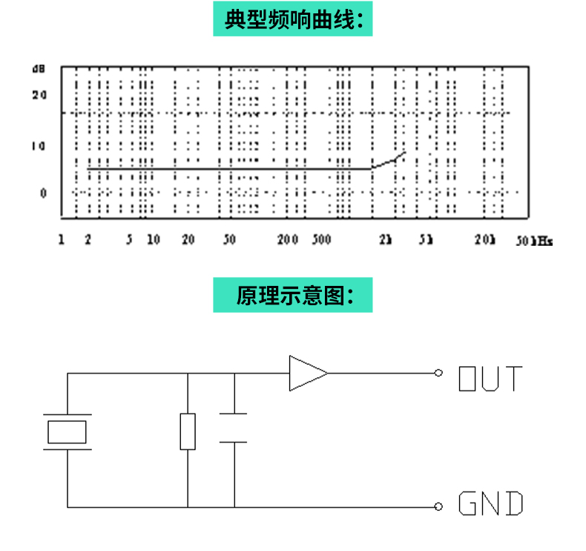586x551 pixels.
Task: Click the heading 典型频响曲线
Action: point(292,20)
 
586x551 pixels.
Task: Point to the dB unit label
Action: point(39,69)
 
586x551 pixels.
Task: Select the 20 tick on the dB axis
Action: point(39,95)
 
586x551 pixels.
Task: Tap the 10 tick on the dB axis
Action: point(39,145)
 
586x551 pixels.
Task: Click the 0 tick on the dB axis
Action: point(42,192)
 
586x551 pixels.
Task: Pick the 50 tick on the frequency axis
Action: point(228,239)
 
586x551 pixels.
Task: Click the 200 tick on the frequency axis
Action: point(287,239)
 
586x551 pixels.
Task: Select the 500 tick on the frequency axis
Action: point(320,239)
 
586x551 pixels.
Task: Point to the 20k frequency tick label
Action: point(484,240)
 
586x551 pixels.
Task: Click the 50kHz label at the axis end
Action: point(534,241)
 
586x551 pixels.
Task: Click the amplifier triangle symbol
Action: point(307,373)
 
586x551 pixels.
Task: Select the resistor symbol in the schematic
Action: point(188,431)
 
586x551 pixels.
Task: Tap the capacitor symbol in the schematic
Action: point(234,428)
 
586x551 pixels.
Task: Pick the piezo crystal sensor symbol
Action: point(68,431)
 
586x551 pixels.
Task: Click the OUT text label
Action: point(490,378)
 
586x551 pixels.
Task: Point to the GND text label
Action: point(490,504)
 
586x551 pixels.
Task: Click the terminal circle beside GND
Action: point(438,506)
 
